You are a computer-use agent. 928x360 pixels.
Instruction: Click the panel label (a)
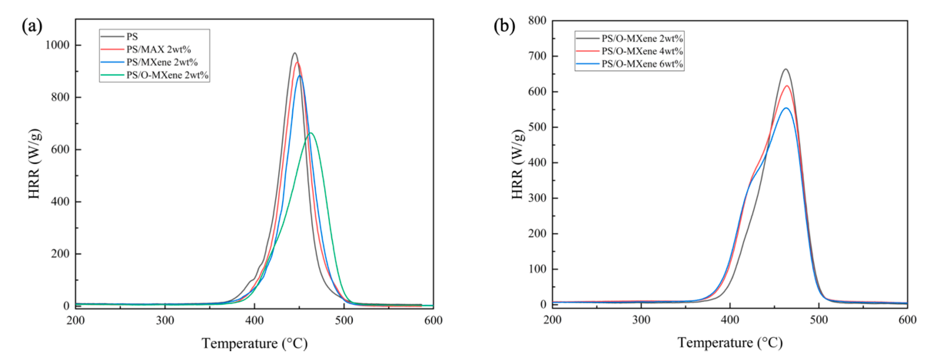point(32,26)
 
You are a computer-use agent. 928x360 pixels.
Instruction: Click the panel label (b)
point(504,26)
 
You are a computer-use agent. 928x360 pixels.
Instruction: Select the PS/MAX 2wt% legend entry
point(158,49)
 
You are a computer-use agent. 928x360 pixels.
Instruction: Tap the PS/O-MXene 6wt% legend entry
point(642,64)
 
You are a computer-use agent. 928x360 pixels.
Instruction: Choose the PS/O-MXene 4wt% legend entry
point(642,51)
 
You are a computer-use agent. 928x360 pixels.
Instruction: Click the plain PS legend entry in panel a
point(132,37)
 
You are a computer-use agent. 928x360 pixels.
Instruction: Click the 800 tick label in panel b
point(537,21)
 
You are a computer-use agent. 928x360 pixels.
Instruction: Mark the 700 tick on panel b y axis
point(537,56)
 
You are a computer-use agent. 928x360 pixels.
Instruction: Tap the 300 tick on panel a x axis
point(165,320)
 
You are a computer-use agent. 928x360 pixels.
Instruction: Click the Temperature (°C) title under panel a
point(254,343)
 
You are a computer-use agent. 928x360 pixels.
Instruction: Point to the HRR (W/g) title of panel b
point(517,164)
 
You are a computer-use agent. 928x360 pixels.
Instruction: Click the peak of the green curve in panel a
point(311,133)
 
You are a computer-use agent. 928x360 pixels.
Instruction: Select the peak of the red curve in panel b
point(787,86)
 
